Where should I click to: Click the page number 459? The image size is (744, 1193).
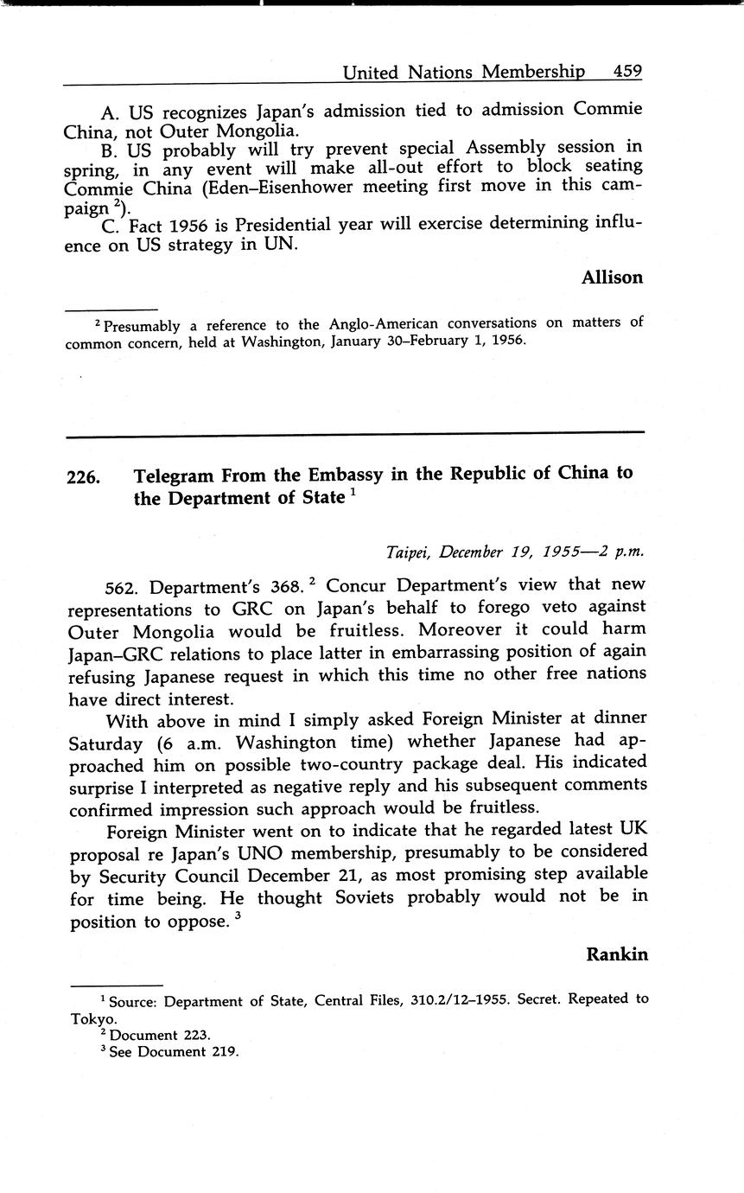(627, 72)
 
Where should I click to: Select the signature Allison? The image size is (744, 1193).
(612, 278)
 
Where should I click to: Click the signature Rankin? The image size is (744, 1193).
(617, 954)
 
